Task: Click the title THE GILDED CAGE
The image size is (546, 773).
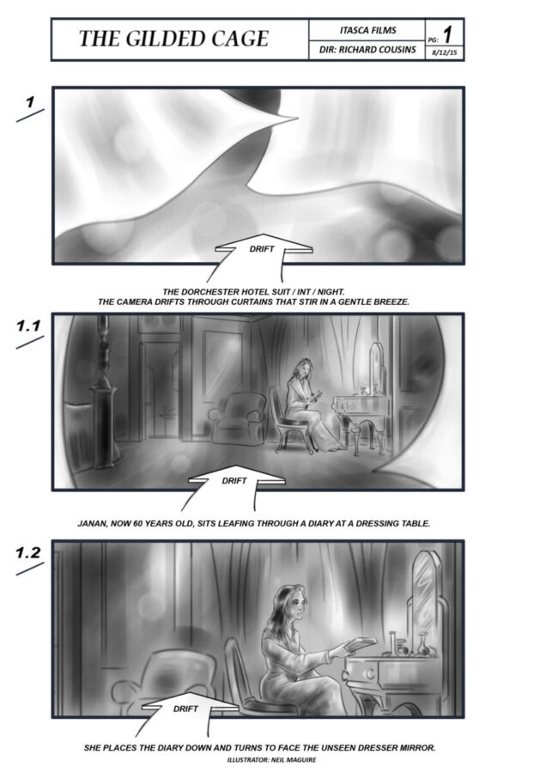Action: tap(173, 39)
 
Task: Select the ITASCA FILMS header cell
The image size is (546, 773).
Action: tap(367, 30)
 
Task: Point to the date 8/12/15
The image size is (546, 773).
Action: tap(444, 52)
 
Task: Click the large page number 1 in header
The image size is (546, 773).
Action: tap(447, 34)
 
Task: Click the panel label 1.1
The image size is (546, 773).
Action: tap(28, 326)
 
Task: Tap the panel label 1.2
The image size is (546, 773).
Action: tap(28, 552)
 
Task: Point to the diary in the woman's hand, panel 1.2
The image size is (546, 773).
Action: tap(361, 643)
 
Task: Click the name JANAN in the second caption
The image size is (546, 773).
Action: tap(93, 524)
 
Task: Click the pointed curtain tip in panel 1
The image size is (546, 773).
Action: tap(297, 118)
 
